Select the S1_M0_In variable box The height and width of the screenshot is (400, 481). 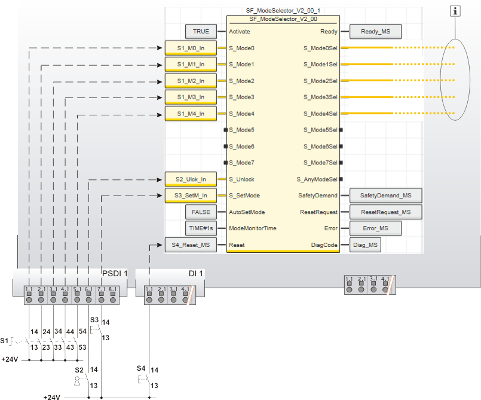pos(191,48)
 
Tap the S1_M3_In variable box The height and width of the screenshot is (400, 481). pos(191,97)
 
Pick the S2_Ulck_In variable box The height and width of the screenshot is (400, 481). pos(191,179)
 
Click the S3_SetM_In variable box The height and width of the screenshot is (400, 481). pos(191,195)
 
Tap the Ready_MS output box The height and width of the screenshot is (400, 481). pos(375,31)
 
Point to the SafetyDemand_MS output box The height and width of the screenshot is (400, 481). pos(385,195)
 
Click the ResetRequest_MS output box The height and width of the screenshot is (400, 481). pos(385,212)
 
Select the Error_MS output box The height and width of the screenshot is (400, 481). pos(375,228)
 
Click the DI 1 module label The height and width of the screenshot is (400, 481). pos(197,274)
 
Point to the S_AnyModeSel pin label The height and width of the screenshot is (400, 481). pos(317,179)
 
